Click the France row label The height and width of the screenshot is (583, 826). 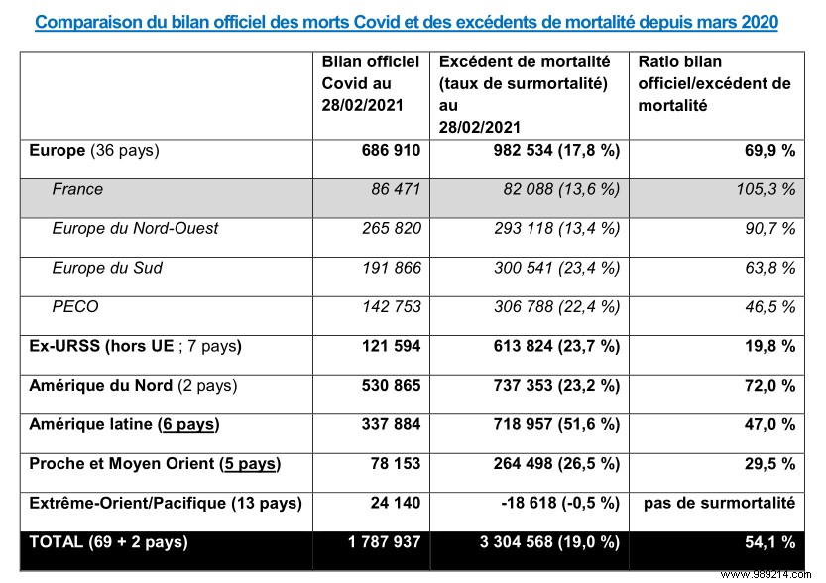pos(77,189)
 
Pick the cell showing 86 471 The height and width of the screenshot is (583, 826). pos(396,189)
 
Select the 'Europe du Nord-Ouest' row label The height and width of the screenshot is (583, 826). pos(135,228)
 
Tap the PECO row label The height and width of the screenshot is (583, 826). pos(75,306)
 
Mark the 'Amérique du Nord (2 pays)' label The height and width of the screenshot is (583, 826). pos(133,386)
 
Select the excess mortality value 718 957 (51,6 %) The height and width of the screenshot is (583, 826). pos(553,425)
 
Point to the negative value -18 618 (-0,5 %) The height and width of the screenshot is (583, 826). pos(555,503)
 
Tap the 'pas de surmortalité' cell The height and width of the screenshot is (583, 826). pos(719,503)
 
